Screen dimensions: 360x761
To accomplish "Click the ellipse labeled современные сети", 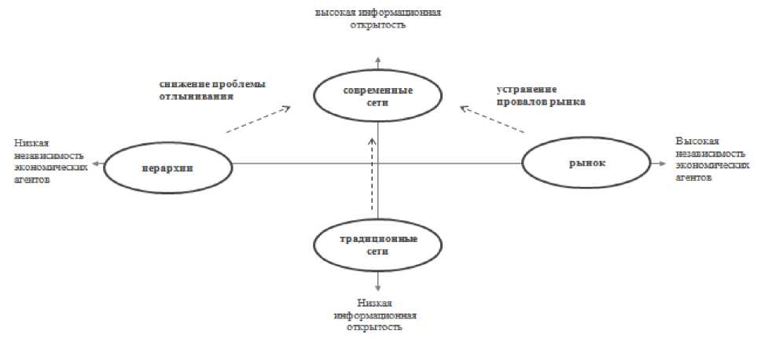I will coord(378,97).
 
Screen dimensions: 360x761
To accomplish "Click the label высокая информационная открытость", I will coord(378,19).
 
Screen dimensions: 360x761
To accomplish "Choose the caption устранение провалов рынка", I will coord(541,95).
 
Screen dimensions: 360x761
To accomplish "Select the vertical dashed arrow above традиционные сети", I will coord(373,173).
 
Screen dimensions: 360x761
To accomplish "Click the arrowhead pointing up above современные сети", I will coord(378,61).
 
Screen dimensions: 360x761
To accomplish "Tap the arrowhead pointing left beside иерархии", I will coord(95,163).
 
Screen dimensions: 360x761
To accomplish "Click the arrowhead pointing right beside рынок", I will coord(664,163).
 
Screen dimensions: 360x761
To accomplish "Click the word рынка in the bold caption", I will coord(569,102).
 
